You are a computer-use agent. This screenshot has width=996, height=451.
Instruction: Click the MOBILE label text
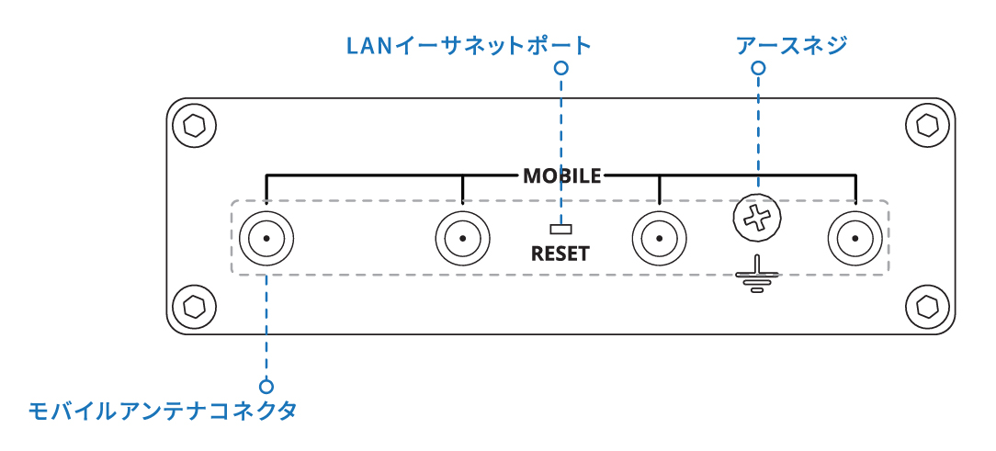pyautogui.click(x=561, y=175)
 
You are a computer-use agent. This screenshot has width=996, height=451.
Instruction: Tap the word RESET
pyautogui.click(x=560, y=254)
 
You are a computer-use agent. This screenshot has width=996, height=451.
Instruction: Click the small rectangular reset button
pyautogui.click(x=560, y=228)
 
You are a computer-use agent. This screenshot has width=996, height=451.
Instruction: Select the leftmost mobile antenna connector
pyautogui.click(x=266, y=239)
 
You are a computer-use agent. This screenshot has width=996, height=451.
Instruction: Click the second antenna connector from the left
pyautogui.click(x=462, y=239)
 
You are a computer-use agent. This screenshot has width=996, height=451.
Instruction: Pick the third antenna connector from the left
pyautogui.click(x=659, y=239)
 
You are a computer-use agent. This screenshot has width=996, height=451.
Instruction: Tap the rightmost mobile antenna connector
pyautogui.click(x=855, y=239)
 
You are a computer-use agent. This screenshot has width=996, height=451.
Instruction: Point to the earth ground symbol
pyautogui.click(x=757, y=276)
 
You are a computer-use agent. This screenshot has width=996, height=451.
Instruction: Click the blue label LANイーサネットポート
pyautogui.click(x=469, y=44)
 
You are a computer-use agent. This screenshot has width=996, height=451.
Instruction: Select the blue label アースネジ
pyautogui.click(x=791, y=44)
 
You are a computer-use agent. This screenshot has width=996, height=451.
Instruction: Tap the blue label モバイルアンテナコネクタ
pyautogui.click(x=163, y=411)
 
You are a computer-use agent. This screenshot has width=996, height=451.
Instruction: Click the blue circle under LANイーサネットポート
pyautogui.click(x=560, y=68)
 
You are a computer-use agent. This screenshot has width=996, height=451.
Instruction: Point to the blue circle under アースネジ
pyautogui.click(x=758, y=68)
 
